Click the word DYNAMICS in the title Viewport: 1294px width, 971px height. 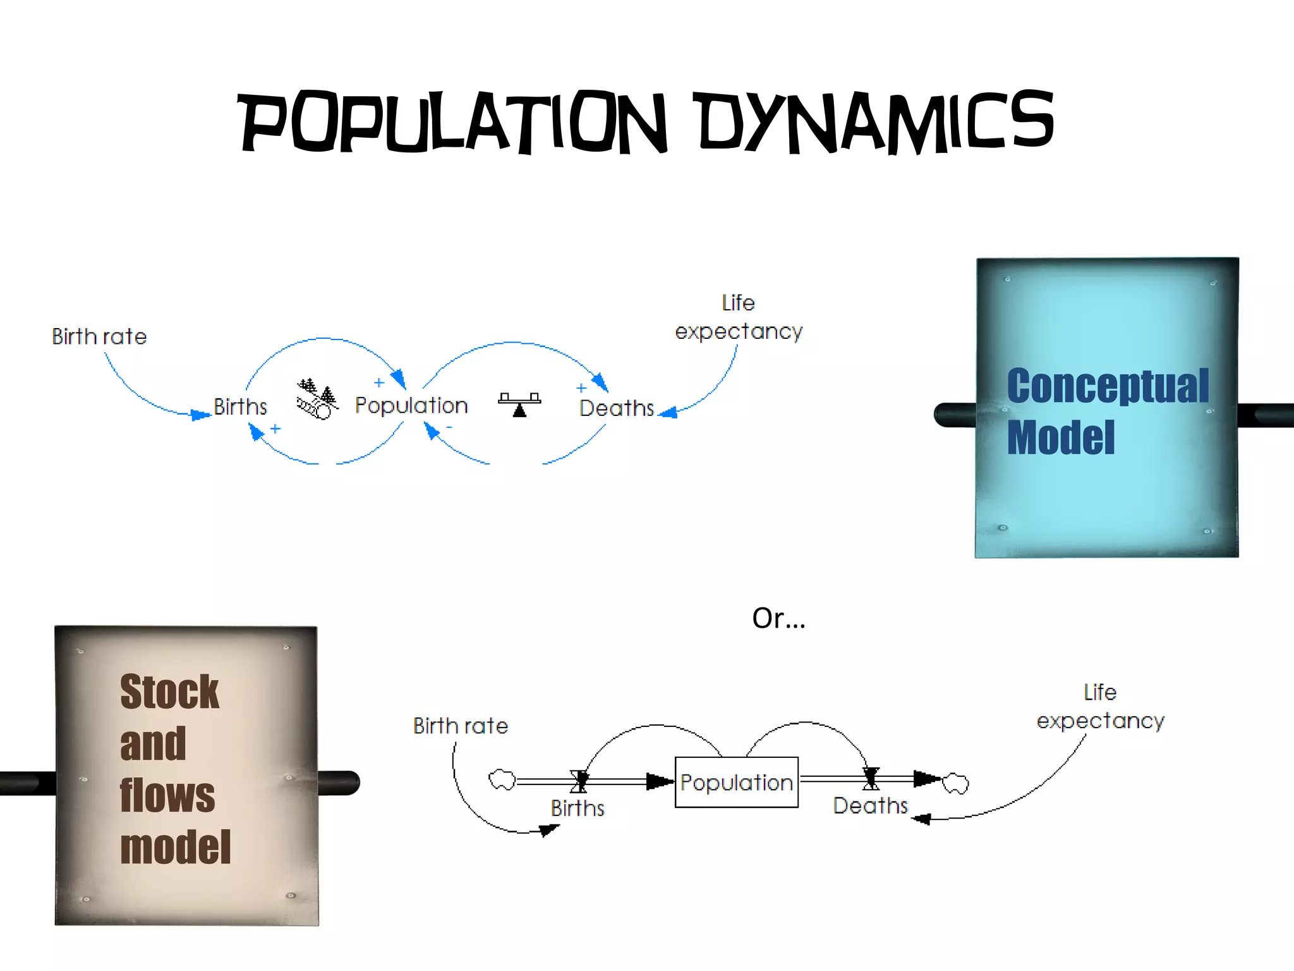point(876,122)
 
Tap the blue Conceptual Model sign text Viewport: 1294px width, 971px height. point(1107,411)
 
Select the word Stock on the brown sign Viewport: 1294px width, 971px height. point(169,692)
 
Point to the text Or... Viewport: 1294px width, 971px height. point(778,618)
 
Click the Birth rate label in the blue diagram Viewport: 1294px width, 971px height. point(99,336)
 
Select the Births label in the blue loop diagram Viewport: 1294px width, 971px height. point(240,406)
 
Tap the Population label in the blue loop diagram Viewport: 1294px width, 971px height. point(411,405)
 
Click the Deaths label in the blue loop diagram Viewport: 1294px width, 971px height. point(617,408)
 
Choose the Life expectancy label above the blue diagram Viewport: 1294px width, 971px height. point(739,317)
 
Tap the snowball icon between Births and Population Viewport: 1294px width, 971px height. point(317,400)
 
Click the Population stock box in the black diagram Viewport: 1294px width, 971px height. point(736,782)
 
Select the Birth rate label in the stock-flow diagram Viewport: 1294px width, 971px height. point(461,726)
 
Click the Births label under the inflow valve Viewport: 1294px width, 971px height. point(577,808)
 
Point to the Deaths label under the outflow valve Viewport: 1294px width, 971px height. point(870,806)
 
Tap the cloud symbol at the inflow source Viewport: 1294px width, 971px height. point(502,780)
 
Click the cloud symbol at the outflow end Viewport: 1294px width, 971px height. point(955,783)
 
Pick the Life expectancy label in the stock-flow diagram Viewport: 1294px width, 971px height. point(1100,707)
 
